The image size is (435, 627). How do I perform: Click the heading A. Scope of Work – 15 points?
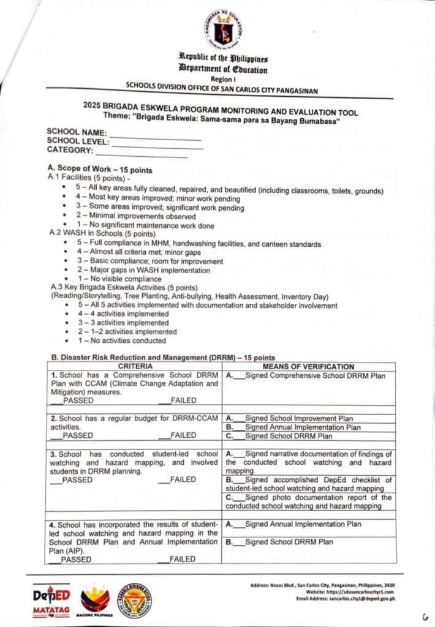(100, 169)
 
